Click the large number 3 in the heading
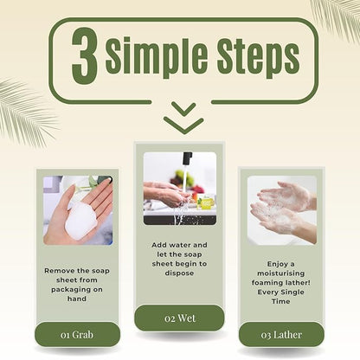84,56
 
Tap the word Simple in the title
156,56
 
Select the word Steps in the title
258,57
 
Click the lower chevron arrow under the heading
183,125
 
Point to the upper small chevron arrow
183,108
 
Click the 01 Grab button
77,335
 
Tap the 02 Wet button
179,318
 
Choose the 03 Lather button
281,335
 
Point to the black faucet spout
187,158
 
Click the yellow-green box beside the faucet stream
205,202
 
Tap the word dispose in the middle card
179,273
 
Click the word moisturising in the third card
281,273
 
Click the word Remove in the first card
60,271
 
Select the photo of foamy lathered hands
282,210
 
